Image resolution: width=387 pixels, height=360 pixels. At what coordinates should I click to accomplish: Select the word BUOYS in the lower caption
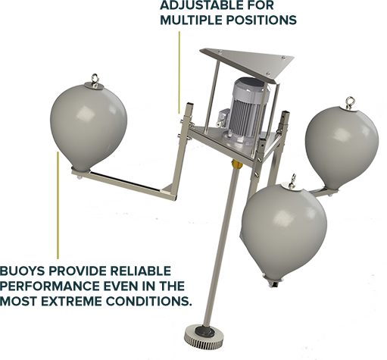tap(22, 271)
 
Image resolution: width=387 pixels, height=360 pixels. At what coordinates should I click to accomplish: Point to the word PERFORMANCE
tap(50, 286)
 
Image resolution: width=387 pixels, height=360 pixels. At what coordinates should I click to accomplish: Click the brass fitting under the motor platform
tap(237, 164)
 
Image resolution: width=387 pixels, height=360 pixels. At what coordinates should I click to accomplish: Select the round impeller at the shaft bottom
tap(204, 336)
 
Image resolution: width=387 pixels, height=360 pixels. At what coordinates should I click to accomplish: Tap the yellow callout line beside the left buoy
tap(58, 205)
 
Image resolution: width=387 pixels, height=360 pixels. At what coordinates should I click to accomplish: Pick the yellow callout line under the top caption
tap(179, 73)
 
